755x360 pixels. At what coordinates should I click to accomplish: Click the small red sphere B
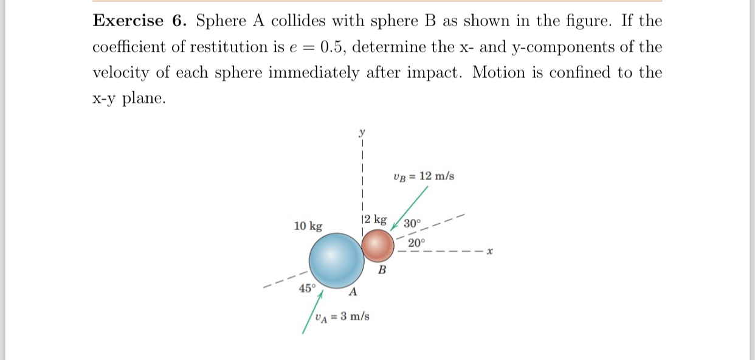pyautogui.click(x=379, y=246)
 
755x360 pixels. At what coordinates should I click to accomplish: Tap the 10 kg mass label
pyautogui.click(x=308, y=226)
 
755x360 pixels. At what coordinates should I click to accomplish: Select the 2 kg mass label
pyautogui.click(x=374, y=220)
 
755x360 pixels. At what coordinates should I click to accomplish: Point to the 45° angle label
pyautogui.click(x=307, y=288)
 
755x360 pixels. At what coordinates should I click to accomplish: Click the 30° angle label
pyautogui.click(x=412, y=223)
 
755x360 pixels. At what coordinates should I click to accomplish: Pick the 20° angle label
pyautogui.click(x=417, y=243)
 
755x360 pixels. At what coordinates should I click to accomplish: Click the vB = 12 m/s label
pyautogui.click(x=424, y=176)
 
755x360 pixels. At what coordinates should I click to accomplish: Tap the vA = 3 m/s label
pyautogui.click(x=342, y=316)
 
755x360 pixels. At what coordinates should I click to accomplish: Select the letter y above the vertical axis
pyautogui.click(x=362, y=131)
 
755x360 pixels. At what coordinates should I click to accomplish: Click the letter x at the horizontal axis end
pyautogui.click(x=489, y=251)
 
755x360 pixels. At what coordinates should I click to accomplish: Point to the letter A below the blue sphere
pyautogui.click(x=352, y=294)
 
